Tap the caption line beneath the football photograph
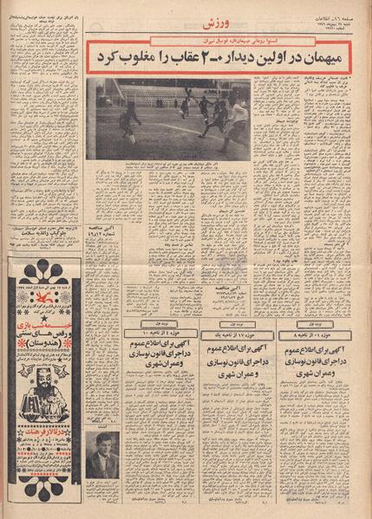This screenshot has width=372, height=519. (x=169, y=165)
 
